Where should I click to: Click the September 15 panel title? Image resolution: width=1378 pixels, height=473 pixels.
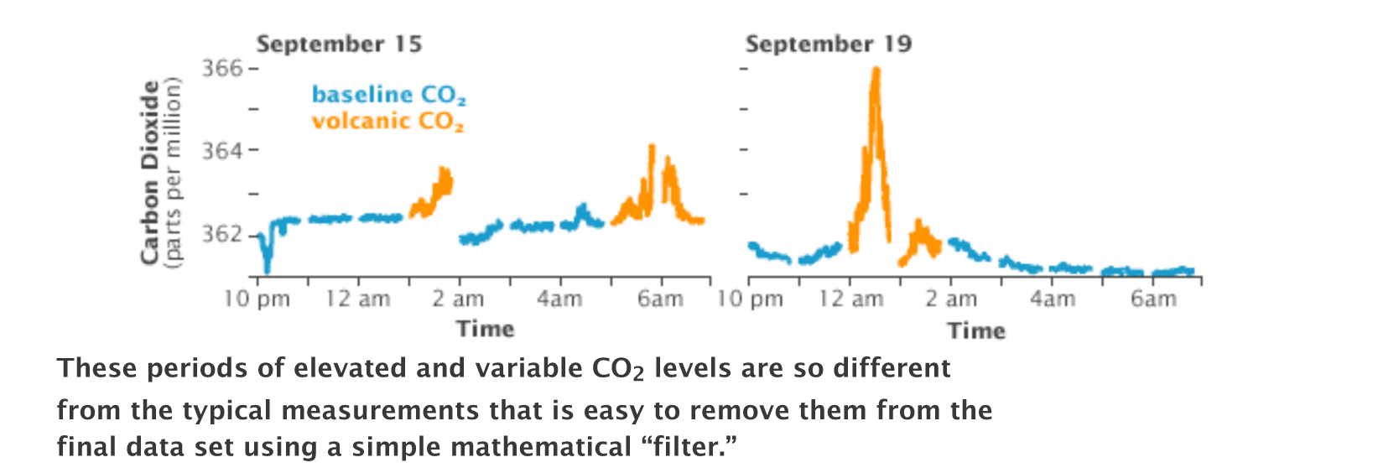point(339,44)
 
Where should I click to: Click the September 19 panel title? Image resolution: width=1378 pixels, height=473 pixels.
point(828,44)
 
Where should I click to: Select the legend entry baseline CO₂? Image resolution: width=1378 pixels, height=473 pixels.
point(388,95)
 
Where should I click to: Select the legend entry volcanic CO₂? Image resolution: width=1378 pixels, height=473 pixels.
point(387,122)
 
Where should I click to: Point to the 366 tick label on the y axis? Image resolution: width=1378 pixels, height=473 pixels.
point(221,68)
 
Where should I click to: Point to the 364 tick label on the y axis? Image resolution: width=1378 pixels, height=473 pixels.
point(221,151)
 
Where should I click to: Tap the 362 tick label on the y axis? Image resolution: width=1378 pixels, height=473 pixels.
point(221,234)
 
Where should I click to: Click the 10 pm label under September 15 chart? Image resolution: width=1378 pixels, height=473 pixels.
point(257,299)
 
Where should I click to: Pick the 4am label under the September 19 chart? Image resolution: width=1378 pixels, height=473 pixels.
point(1053,299)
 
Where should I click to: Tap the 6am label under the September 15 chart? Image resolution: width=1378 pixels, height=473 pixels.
point(660,299)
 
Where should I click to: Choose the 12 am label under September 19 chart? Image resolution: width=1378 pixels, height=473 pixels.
point(850,299)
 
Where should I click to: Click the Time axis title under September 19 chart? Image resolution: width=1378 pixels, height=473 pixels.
point(976,330)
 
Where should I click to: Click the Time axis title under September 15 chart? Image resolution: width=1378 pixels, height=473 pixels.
point(485,329)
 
